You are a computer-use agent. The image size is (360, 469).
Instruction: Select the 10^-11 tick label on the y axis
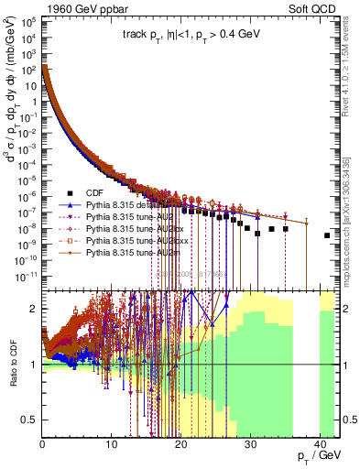click(27, 274)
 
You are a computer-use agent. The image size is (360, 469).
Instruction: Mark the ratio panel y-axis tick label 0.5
click(30, 420)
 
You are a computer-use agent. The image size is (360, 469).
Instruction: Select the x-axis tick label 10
click(112, 445)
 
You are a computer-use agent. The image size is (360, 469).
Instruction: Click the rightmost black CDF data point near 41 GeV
click(327, 235)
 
